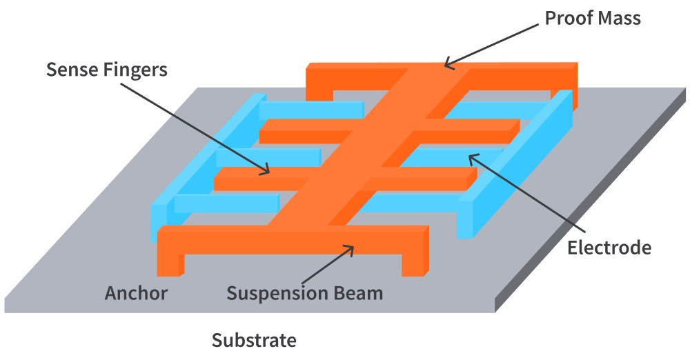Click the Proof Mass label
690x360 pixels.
click(x=593, y=18)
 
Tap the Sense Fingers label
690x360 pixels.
click(x=107, y=70)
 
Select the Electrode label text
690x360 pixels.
click(x=609, y=247)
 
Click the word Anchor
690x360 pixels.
click(x=136, y=293)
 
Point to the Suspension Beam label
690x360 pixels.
click(x=304, y=293)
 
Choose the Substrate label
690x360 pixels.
click(x=254, y=340)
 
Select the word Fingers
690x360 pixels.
click(x=135, y=70)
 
